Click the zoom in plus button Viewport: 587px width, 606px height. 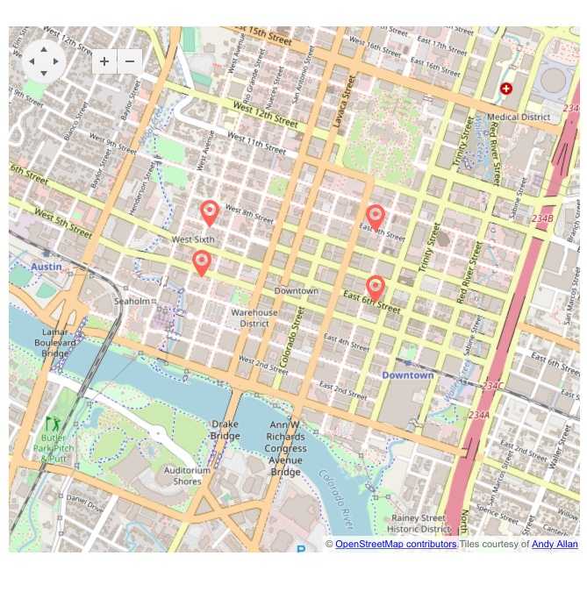click(104, 61)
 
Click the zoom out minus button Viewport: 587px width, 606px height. click(130, 61)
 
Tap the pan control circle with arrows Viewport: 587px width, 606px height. click(44, 61)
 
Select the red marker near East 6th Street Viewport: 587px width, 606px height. click(376, 287)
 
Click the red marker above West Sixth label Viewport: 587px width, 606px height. click(210, 211)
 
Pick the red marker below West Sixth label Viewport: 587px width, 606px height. click(202, 262)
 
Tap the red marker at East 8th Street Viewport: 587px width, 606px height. click(376, 217)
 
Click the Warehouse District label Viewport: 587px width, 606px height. click(254, 317)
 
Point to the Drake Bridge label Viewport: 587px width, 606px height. click(225, 430)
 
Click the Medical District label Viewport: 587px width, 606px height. click(519, 117)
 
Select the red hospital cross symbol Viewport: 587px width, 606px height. click(506, 89)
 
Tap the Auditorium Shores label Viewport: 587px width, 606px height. click(188, 475)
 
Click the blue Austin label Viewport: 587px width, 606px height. click(46, 266)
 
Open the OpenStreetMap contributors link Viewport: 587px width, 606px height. click(396, 544)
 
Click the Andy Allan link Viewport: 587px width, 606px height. click(555, 544)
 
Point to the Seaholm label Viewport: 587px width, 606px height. click(132, 301)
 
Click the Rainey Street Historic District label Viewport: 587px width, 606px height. click(419, 524)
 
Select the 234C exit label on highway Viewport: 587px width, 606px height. click(493, 386)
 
